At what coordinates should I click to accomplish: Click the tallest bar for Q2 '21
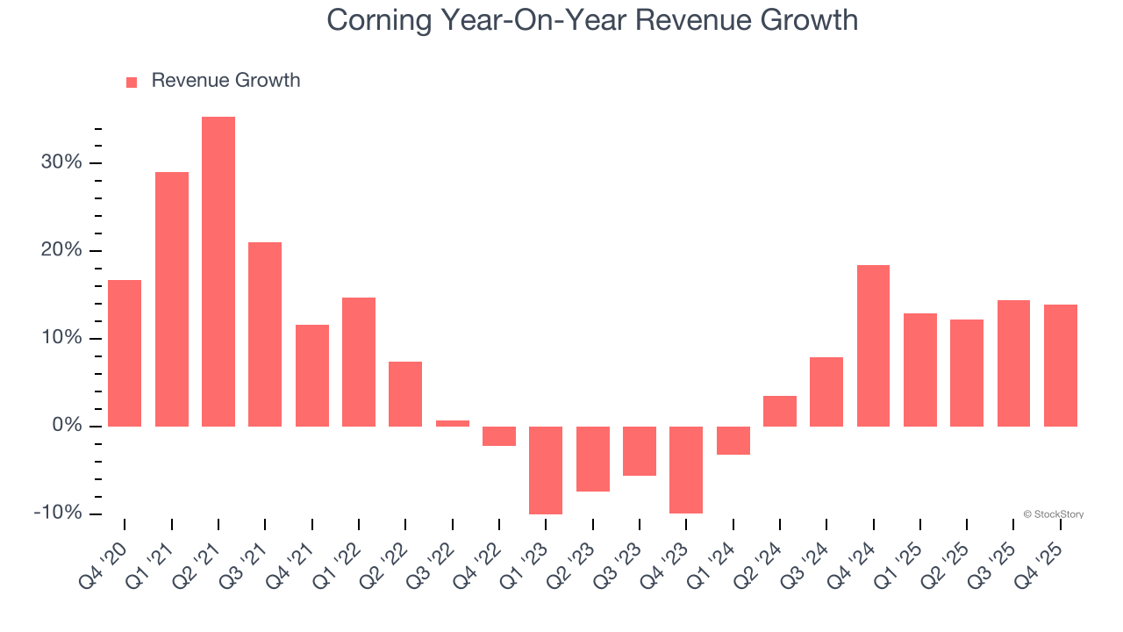(218, 272)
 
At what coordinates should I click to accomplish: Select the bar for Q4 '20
(125, 353)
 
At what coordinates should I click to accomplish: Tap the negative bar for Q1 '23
(546, 470)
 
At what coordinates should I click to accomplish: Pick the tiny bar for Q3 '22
(453, 423)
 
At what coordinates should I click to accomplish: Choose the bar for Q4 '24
(873, 346)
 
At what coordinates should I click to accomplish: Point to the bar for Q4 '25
(1060, 365)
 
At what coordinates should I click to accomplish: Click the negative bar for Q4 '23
(686, 470)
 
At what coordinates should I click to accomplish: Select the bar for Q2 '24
(780, 411)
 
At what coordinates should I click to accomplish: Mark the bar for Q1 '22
(359, 362)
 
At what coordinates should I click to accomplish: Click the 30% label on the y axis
(61, 163)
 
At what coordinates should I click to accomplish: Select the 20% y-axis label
(61, 251)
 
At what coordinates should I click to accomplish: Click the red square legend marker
(132, 83)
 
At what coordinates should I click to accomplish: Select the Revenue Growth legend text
(225, 81)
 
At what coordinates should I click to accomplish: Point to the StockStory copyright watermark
(1053, 514)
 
